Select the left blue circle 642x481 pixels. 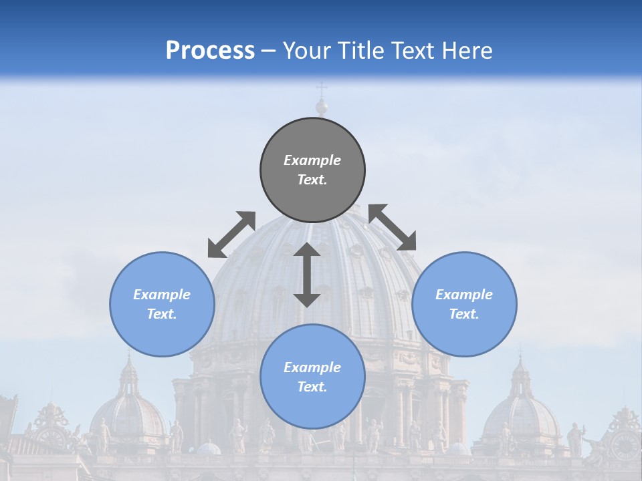tap(162, 304)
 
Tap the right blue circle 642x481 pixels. tap(464, 304)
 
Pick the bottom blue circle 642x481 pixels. tap(312, 376)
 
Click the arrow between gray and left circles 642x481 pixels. tap(231, 234)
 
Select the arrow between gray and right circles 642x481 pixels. tap(393, 227)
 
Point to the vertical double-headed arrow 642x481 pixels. tap(307, 275)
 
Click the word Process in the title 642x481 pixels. tap(210, 50)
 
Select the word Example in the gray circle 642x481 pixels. tap(312, 160)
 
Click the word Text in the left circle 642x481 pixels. tap(162, 314)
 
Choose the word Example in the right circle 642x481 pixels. tap(464, 295)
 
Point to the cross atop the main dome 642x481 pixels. tap(322, 90)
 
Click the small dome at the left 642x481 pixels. tap(128, 414)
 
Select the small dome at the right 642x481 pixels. tap(521, 414)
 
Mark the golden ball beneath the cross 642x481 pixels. tap(322, 107)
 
